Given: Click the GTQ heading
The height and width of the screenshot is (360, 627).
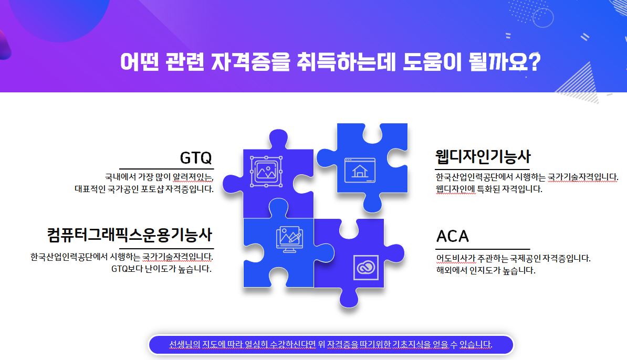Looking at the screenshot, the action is (x=195, y=158).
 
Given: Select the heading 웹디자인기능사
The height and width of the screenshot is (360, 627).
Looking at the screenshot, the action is (x=483, y=156).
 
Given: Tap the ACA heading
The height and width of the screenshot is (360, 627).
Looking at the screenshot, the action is (x=452, y=236).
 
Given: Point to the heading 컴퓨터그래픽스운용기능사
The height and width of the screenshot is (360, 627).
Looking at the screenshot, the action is (x=130, y=235).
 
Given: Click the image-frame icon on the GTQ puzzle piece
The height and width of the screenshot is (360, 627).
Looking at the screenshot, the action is (x=266, y=172).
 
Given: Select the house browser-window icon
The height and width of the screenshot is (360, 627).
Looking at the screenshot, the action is (x=360, y=170).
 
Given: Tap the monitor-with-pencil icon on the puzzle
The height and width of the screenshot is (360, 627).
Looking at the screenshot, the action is (x=289, y=239).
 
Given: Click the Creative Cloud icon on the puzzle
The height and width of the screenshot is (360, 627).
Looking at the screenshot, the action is (x=366, y=267).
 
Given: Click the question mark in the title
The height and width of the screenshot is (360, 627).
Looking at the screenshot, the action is (x=534, y=61).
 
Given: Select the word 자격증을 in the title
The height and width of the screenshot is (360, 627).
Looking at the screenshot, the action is (x=250, y=62).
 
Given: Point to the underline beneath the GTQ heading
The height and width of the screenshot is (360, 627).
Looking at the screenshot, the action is (x=166, y=168).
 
